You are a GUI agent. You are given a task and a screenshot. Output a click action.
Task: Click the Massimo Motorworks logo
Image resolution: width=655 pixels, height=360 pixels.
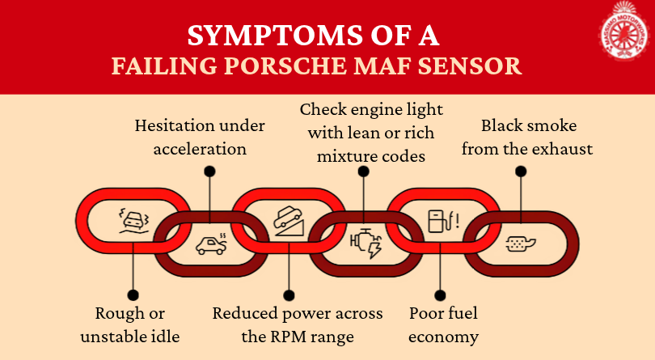pos(623,33)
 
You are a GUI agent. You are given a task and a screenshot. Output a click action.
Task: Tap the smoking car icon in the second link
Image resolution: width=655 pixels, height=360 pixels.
pos(211,244)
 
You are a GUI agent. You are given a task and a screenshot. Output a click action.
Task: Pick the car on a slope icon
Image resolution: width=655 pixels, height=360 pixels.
pos(289,219)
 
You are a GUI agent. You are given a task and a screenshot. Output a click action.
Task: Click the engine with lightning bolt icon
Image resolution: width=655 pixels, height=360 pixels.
pos(366,244)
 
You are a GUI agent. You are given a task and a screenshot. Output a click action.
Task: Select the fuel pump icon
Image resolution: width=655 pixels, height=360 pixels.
pos(442,219)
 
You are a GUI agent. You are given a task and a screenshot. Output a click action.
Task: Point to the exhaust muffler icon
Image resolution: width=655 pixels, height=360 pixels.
pos(520,244)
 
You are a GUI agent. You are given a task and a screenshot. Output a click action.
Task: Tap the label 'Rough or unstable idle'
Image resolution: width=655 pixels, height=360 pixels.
pos(133,324)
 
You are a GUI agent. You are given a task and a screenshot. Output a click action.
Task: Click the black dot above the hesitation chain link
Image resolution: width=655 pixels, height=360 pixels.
pos(209,171)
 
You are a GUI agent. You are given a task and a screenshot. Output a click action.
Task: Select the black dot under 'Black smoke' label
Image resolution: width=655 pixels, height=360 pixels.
pos(521,171)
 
